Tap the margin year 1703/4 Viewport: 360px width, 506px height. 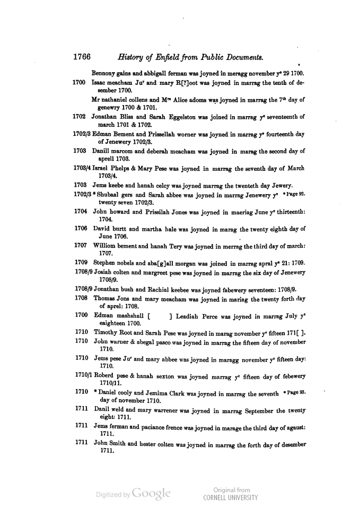pyautogui.click(x=82, y=169)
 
